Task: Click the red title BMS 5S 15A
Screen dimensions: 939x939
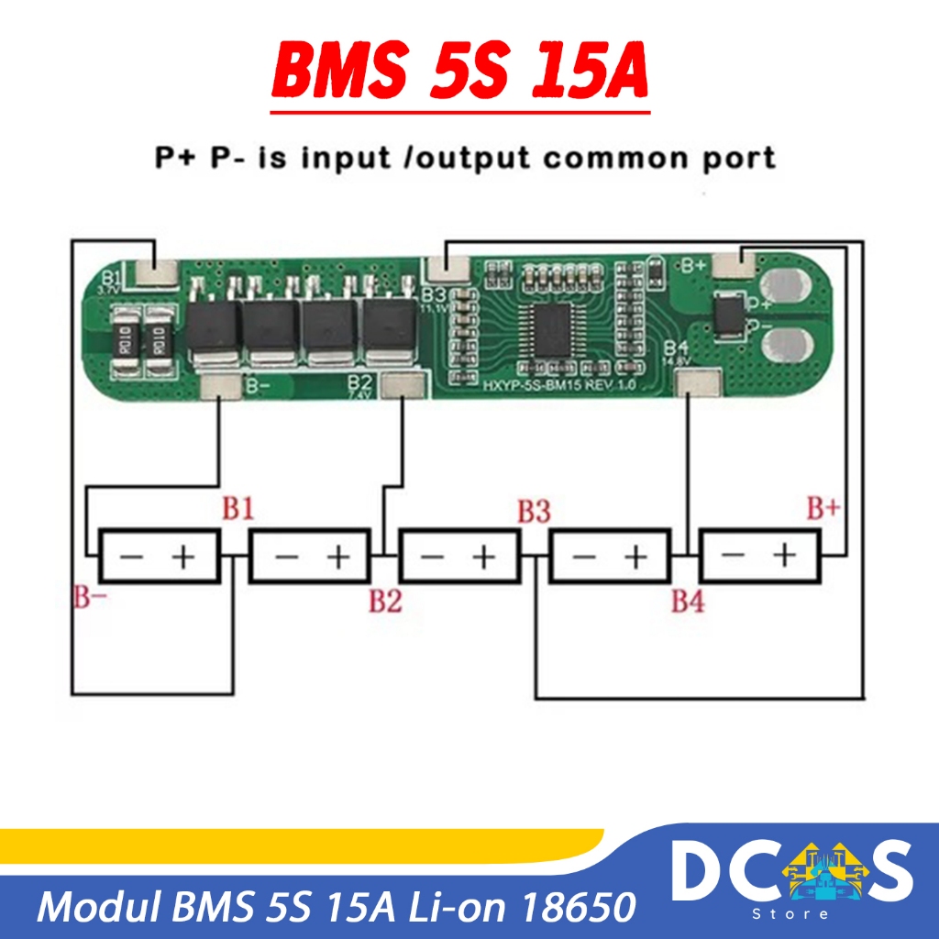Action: click(460, 72)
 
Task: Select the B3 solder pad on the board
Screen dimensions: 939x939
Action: click(447, 267)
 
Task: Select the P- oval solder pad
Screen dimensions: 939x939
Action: click(787, 348)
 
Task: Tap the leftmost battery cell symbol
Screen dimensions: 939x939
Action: click(160, 556)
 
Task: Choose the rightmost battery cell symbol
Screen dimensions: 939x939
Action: click(758, 556)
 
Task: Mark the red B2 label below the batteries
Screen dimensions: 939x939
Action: click(385, 602)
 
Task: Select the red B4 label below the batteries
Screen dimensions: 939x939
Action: click(688, 602)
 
